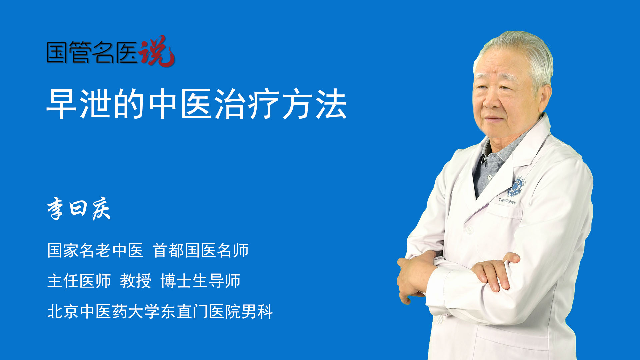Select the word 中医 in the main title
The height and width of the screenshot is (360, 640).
tap(180, 104)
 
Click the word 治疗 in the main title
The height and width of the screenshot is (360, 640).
tap(247, 104)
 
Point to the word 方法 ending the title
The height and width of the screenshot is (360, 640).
tap(314, 104)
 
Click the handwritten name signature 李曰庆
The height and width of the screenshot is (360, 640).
tap(79, 208)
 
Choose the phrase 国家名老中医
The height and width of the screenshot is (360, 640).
tap(95, 250)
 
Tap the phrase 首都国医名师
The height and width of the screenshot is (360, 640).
tap(201, 250)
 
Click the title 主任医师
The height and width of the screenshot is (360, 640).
tap(79, 281)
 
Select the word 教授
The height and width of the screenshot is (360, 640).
tap(136, 281)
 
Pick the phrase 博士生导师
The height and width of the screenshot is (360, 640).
tap(200, 281)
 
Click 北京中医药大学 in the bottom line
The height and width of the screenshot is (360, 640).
tap(103, 311)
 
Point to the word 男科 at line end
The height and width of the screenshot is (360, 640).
tap(257, 311)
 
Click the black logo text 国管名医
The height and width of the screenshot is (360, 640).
tap(92, 53)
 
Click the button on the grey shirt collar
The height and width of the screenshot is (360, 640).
tap(490, 177)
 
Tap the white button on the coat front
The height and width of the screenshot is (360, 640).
tap(469, 230)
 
